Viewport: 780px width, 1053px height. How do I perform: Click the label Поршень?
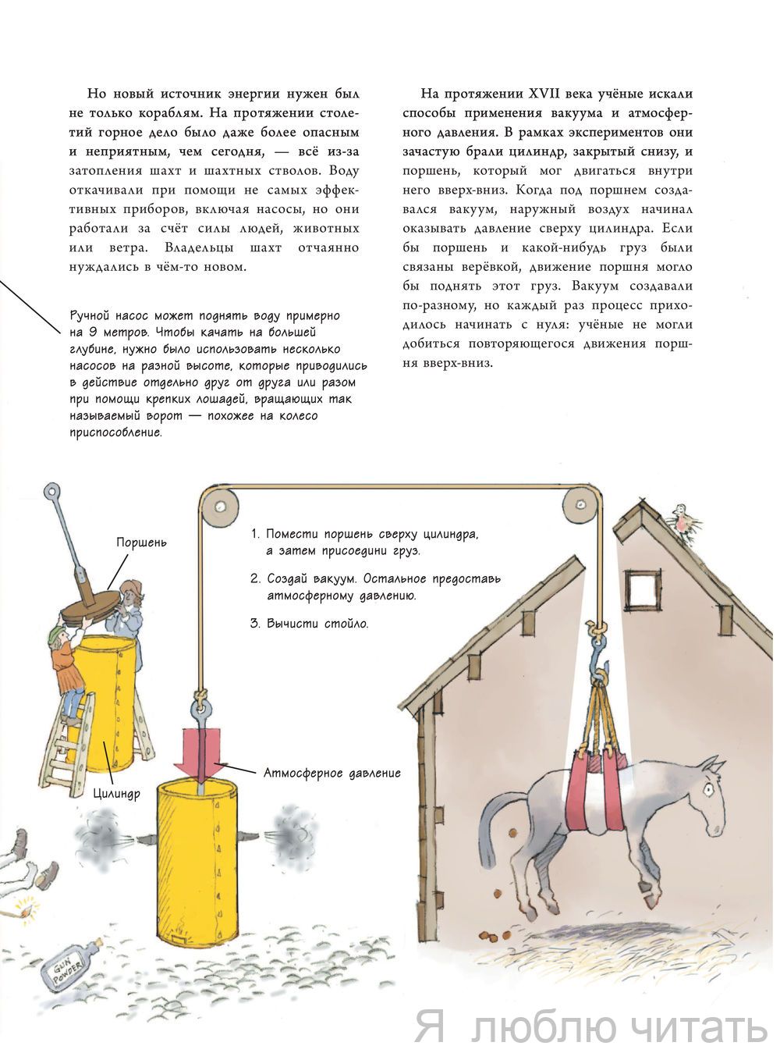[141, 543]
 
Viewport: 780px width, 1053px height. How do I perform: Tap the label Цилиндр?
[116, 795]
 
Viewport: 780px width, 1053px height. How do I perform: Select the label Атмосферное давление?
[331, 773]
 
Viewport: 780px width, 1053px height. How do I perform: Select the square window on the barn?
[643, 585]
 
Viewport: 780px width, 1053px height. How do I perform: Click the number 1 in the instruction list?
[254, 535]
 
